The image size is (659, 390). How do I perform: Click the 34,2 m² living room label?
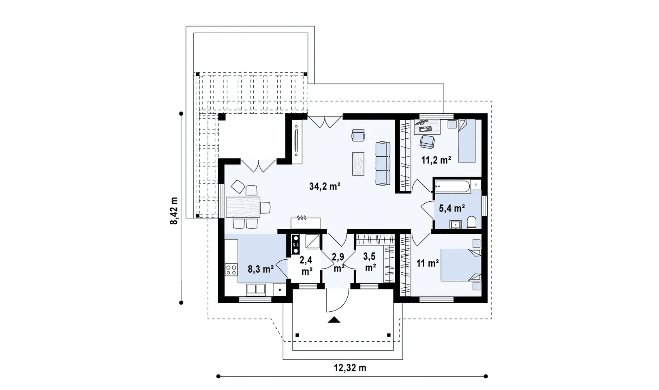click(x=325, y=186)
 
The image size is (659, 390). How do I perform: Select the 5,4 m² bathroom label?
click(x=452, y=208)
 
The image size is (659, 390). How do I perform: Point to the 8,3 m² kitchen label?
click(x=261, y=269)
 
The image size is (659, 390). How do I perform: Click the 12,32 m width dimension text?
click(x=350, y=368)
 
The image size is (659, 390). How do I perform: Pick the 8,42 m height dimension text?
click(x=174, y=211)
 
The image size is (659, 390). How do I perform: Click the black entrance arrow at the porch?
click(x=334, y=320)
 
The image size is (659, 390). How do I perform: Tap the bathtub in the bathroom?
click(x=452, y=187)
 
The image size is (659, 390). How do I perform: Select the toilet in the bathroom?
click(x=471, y=223)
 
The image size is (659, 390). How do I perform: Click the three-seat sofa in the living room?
click(x=383, y=164)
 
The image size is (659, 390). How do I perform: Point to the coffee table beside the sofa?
click(x=358, y=164)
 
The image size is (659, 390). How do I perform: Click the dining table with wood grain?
click(x=243, y=207)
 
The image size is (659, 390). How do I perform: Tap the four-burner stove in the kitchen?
click(x=231, y=269)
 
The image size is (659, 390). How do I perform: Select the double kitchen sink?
click(x=256, y=289)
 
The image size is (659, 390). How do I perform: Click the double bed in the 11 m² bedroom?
click(x=461, y=265)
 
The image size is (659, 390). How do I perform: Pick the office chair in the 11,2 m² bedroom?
click(x=427, y=142)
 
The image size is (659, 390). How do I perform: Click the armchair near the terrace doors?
click(x=358, y=136)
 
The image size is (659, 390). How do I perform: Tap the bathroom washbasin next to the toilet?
click(x=456, y=224)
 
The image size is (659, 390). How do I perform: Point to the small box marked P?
click(x=476, y=185)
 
